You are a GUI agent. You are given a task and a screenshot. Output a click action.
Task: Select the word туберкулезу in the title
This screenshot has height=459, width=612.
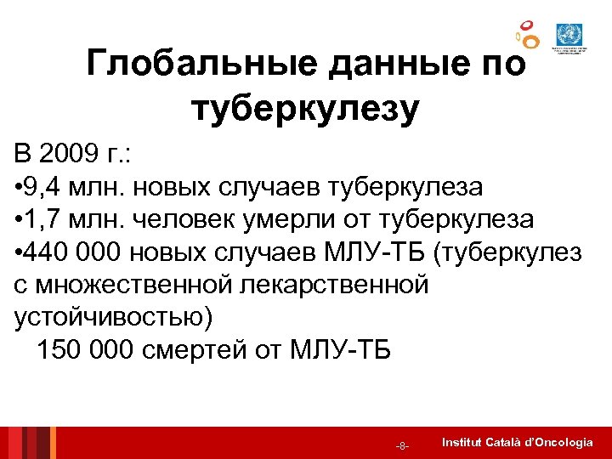point(306,109)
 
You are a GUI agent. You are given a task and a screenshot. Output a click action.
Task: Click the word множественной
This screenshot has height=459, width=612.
point(139,285)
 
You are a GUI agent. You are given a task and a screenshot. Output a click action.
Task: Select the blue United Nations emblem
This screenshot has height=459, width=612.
point(565,35)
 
